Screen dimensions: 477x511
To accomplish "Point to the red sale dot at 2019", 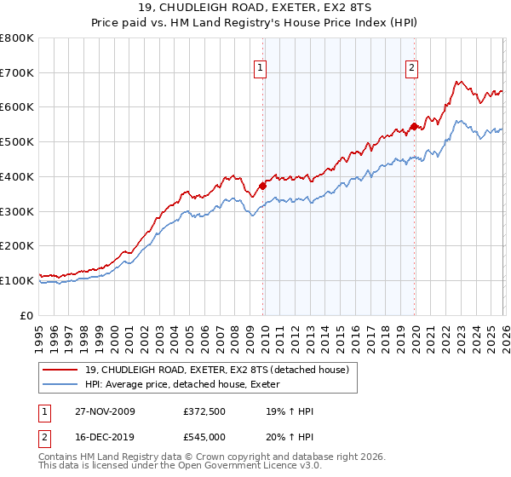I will pos(414,127).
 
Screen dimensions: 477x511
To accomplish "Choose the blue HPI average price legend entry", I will pos(182,385).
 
